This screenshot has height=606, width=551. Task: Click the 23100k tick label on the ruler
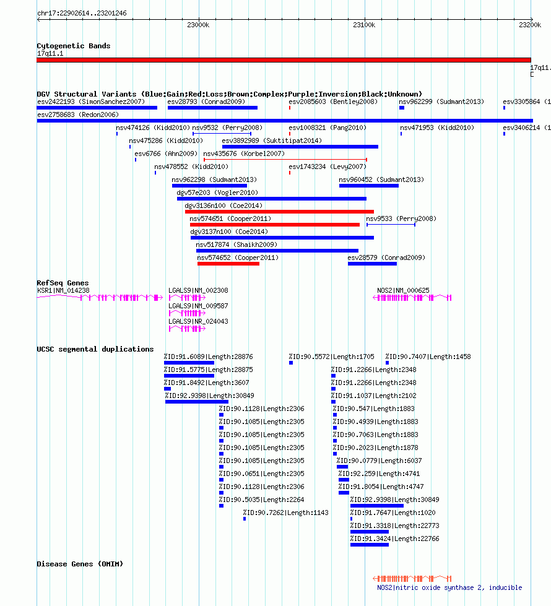[364, 25]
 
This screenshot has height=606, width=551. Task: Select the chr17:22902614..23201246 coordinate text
[82, 13]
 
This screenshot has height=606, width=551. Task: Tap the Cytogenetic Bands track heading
[74, 46]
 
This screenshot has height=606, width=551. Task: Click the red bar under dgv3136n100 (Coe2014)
[280, 212]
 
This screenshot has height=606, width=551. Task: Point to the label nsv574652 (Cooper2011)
[237, 258]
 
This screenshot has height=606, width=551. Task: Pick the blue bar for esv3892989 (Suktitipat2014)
[300, 147]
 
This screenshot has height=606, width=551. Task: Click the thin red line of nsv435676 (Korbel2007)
[285, 159]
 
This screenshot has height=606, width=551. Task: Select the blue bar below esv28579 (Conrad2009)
[372, 264]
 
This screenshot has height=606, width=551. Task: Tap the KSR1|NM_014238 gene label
[63, 290]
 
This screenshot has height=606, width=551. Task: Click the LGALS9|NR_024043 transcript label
[198, 321]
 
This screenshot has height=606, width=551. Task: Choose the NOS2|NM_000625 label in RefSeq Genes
[403, 290]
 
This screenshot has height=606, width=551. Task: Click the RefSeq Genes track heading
[63, 283]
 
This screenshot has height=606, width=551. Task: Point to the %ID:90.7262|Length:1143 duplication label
[286, 513]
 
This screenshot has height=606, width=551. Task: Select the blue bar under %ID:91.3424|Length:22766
[370, 545]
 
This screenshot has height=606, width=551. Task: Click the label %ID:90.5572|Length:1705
[331, 357]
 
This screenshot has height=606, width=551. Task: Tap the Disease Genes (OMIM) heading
[80, 564]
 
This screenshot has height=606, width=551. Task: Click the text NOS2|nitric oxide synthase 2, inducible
[449, 587]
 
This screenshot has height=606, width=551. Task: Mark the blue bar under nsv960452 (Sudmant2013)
[369, 186]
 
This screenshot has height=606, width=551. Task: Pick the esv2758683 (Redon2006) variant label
[78, 115]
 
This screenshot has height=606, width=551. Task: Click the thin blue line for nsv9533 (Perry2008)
[391, 224]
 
